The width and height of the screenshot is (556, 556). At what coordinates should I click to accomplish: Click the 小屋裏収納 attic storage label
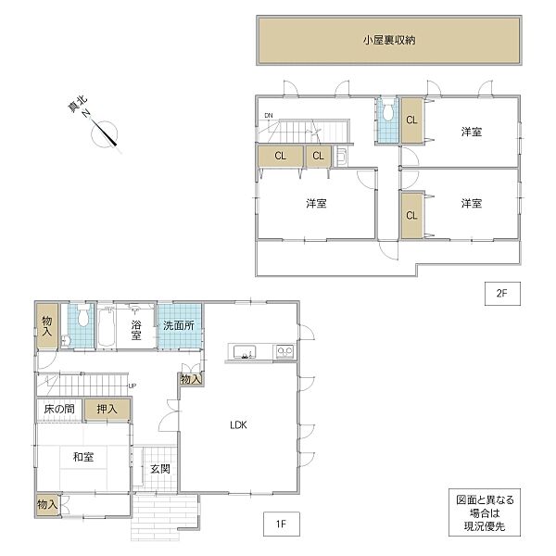(387, 40)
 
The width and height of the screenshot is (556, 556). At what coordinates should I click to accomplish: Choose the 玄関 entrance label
(160, 469)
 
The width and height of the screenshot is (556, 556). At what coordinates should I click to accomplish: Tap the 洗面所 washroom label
(179, 325)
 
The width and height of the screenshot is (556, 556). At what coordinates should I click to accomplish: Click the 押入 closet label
(107, 409)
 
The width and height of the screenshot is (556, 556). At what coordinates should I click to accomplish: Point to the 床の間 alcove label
(58, 409)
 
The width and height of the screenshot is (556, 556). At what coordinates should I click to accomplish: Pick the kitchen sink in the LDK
(246, 351)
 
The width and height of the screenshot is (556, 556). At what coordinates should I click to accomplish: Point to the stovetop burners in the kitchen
(284, 351)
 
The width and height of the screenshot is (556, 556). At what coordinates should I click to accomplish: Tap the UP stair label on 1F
(133, 385)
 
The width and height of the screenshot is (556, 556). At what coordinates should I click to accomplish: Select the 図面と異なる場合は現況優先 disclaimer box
(485, 512)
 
